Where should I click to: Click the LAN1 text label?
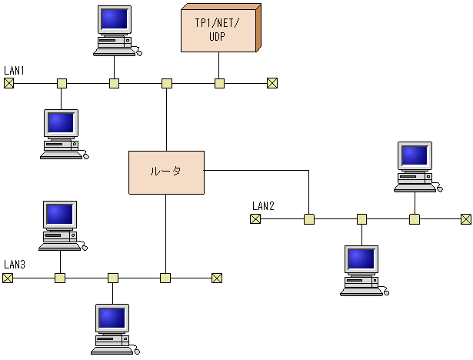[x=15, y=71]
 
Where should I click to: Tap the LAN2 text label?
[x=263, y=206]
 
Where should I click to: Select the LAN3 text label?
[x=15, y=265]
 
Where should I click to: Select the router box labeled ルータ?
[x=166, y=172]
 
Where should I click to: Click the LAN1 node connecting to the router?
[x=166, y=83]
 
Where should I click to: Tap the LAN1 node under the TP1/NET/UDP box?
[x=219, y=83]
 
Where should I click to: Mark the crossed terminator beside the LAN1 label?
[x=8, y=83]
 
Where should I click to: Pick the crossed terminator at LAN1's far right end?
[x=271, y=83]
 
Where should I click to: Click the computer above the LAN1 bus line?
[x=115, y=31]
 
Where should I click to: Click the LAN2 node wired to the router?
[x=308, y=219]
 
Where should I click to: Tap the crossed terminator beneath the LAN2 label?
[x=255, y=219]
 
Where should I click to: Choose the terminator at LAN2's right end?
[x=466, y=219]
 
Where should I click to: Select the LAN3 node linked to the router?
[x=165, y=278]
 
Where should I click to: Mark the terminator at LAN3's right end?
[x=217, y=278]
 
